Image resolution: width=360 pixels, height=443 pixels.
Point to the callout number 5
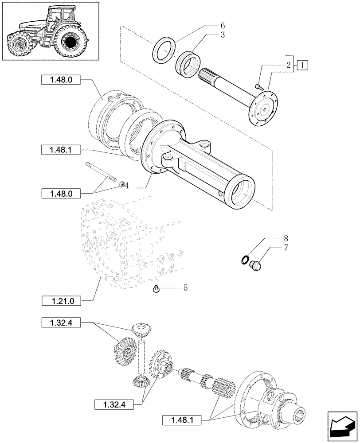185,288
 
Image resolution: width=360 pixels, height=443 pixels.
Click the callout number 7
286,248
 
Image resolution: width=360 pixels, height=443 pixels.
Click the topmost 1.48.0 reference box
59,80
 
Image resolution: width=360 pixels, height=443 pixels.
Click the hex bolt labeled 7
256,265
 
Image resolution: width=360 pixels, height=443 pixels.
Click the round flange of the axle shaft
265,107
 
